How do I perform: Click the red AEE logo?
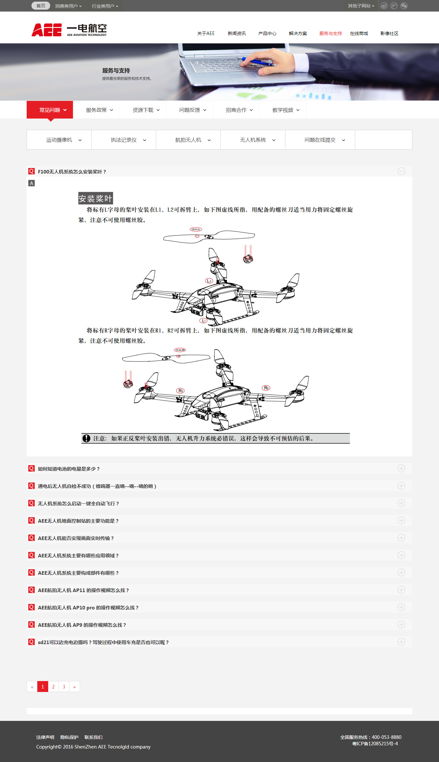tap(47, 30)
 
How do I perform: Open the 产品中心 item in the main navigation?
tap(267, 33)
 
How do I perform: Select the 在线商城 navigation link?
tap(359, 33)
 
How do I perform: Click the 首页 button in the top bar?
tap(41, 6)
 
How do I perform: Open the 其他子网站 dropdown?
tap(361, 6)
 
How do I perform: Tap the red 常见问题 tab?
tap(50, 110)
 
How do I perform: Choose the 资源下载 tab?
tap(143, 110)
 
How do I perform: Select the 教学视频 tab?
tap(283, 110)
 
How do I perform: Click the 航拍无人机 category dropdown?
tap(188, 140)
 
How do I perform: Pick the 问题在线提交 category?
tap(320, 140)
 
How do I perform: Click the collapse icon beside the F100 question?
tap(401, 171)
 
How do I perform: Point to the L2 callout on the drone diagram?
tap(209, 281)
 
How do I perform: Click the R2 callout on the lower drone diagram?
tap(266, 388)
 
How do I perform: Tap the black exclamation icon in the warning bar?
tap(86, 438)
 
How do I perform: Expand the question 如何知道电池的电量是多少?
tap(69, 469)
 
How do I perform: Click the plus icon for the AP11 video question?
tap(401, 590)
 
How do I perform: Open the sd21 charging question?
tap(103, 642)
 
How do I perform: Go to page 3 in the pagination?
tap(64, 687)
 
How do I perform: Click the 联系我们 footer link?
tap(94, 737)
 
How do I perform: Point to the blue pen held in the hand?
tap(257, 61)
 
